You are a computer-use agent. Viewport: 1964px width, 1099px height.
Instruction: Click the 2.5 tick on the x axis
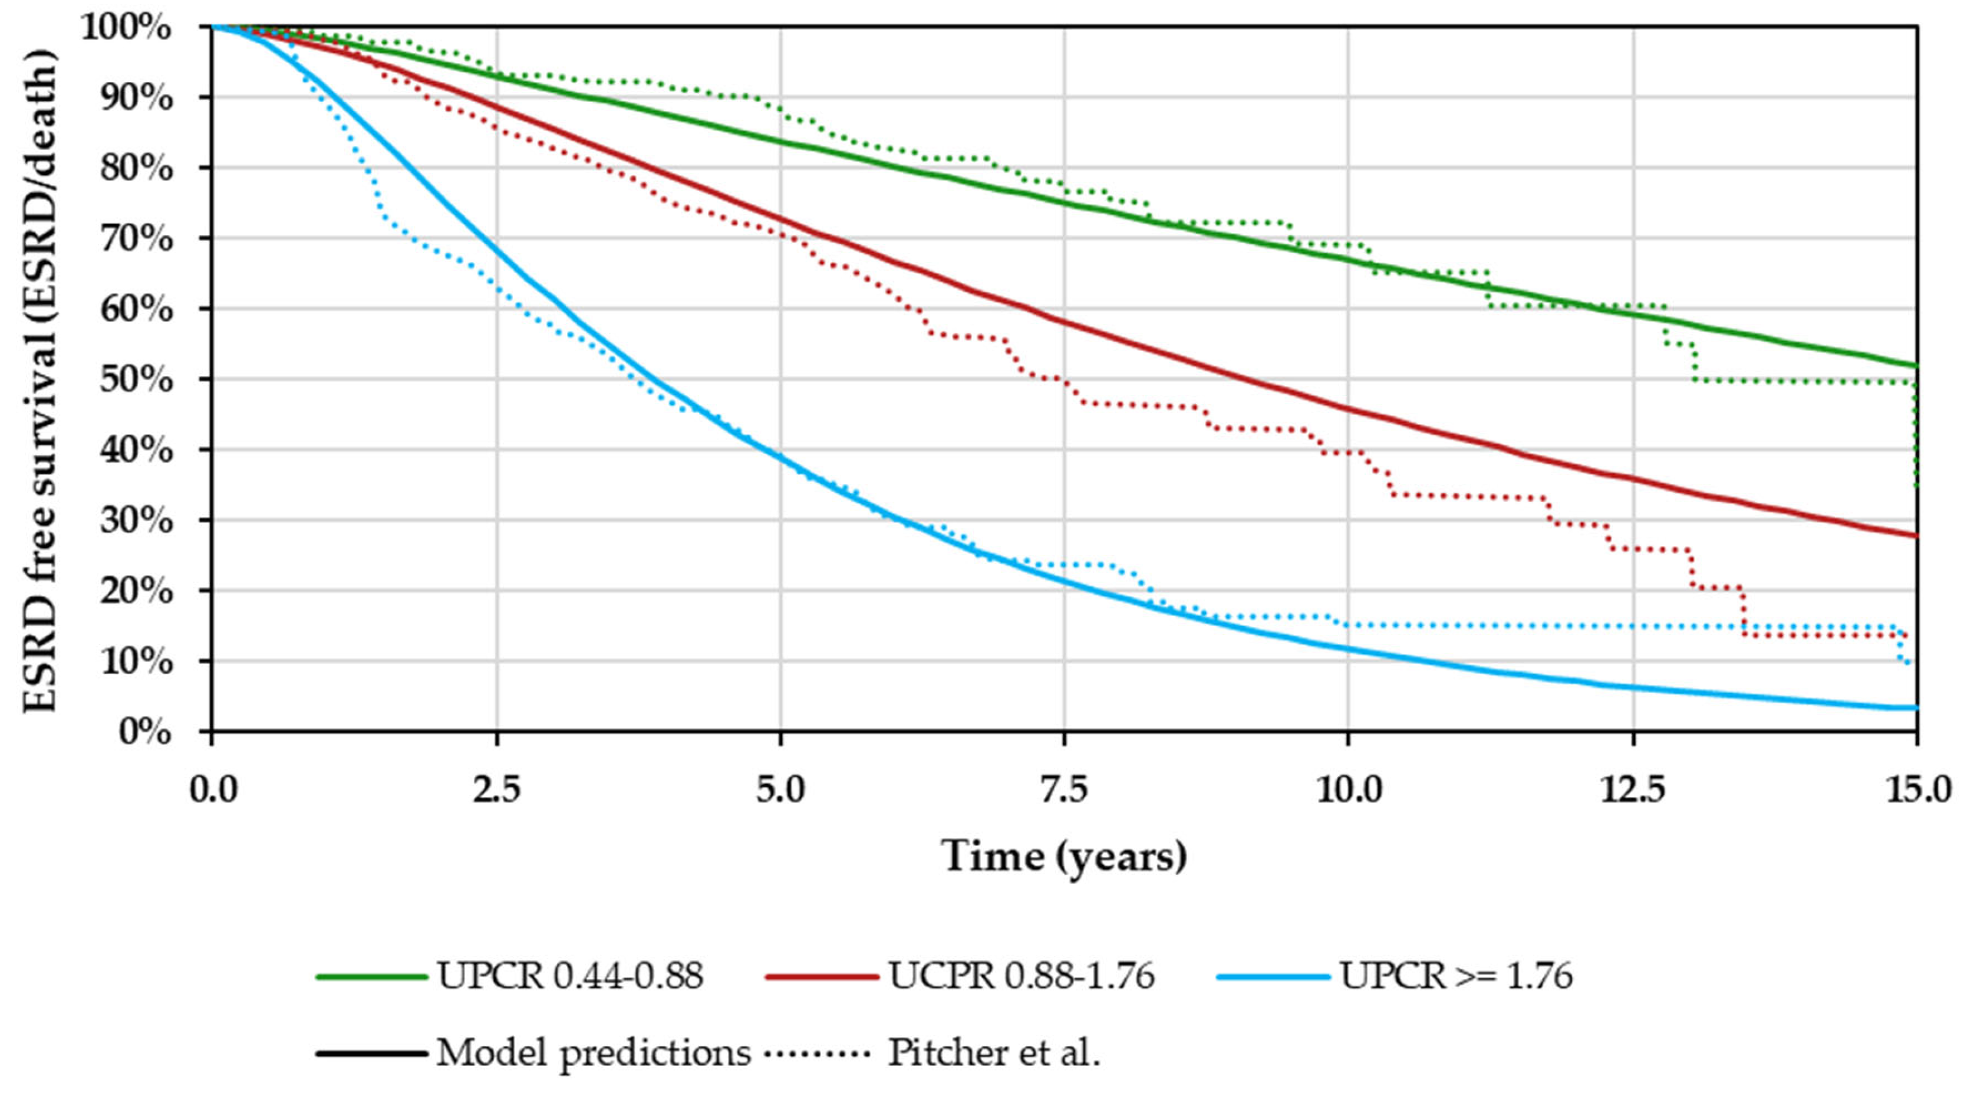coord(497,791)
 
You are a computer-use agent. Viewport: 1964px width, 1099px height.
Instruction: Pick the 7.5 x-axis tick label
coord(1065,791)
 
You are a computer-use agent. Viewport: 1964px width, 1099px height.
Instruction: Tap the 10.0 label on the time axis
coord(1348,791)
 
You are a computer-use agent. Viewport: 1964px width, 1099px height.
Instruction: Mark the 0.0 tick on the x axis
coord(213,791)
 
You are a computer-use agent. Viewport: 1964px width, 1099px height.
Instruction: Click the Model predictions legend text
coord(593,1053)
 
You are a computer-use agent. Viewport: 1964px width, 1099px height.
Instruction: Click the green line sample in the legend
coord(371,975)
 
